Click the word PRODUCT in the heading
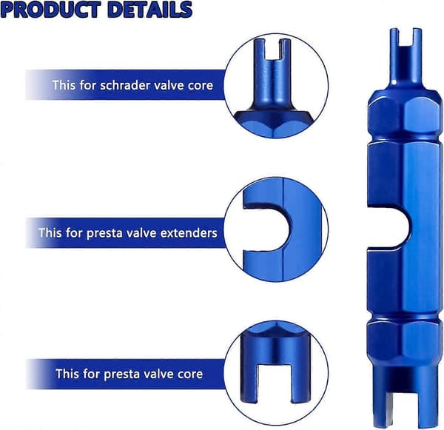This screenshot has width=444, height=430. point(50,10)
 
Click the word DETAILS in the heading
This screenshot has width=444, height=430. point(150,10)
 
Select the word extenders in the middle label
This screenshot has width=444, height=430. point(189,233)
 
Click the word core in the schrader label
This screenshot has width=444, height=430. point(201,85)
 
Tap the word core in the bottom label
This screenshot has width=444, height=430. point(190,374)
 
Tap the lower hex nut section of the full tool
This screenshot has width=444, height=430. point(405,340)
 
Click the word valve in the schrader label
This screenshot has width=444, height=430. point(168,85)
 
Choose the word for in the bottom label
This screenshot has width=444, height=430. point(92,374)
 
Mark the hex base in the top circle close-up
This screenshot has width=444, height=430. point(272,123)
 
